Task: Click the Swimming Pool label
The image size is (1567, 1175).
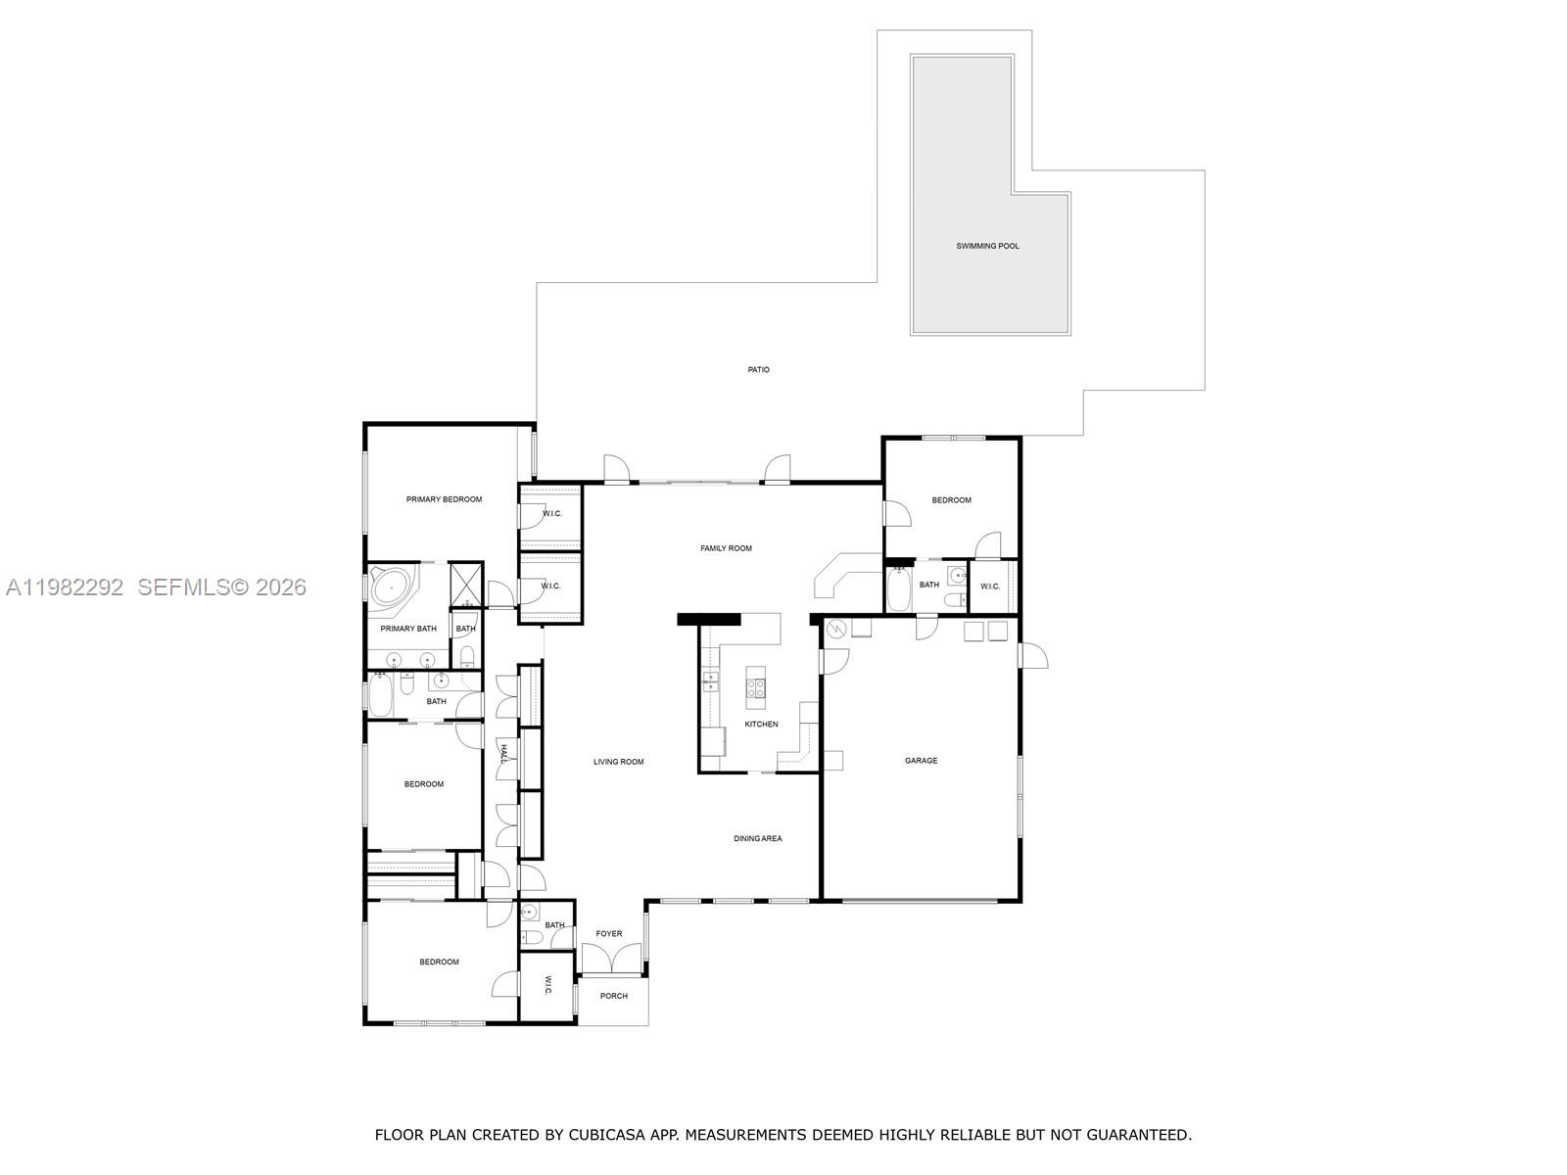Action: pyautogui.click(x=987, y=246)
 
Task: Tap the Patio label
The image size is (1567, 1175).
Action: pyautogui.click(x=758, y=369)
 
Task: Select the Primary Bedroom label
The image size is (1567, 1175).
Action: pyautogui.click(x=444, y=499)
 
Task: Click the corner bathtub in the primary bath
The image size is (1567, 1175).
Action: pyautogui.click(x=392, y=587)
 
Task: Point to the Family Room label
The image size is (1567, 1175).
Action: pyautogui.click(x=726, y=548)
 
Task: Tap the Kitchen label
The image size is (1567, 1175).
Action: pyautogui.click(x=761, y=724)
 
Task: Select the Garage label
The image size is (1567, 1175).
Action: pyautogui.click(x=921, y=760)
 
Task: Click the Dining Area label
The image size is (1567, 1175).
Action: pyautogui.click(x=758, y=838)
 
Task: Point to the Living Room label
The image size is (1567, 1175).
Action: pyautogui.click(x=618, y=761)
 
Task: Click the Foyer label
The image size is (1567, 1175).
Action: pyautogui.click(x=608, y=933)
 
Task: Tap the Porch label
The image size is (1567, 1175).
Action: pyautogui.click(x=613, y=996)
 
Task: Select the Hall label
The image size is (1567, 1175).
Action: pyautogui.click(x=503, y=752)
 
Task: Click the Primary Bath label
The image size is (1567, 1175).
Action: pyautogui.click(x=408, y=629)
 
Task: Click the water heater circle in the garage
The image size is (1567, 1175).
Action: pyautogui.click(x=836, y=630)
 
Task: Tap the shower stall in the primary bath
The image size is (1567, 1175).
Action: pyautogui.click(x=466, y=584)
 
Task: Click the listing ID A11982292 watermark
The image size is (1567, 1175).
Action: pyautogui.click(x=65, y=587)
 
